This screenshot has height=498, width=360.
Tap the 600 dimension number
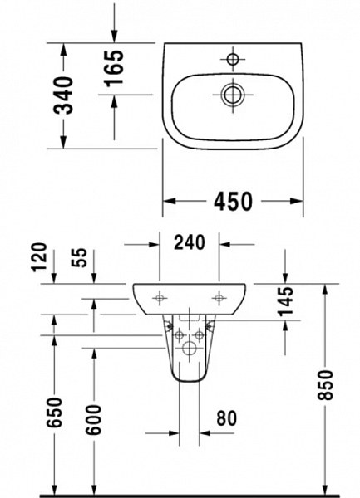[93, 422]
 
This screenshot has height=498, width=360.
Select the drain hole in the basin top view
[232, 94]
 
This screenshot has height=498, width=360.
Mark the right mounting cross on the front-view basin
[219, 296]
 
